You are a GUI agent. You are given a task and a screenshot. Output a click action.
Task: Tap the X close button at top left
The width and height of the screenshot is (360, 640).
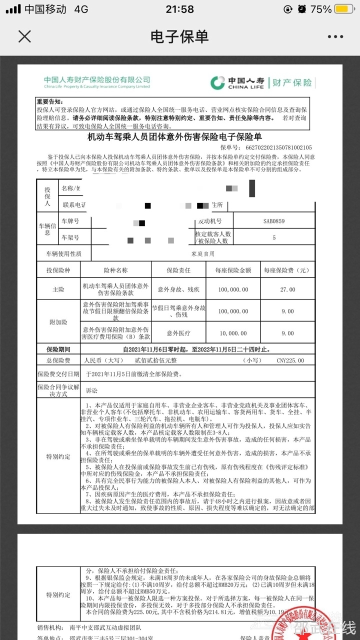(x=24, y=36)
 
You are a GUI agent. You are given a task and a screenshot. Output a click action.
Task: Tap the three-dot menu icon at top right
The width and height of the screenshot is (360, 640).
(x=335, y=36)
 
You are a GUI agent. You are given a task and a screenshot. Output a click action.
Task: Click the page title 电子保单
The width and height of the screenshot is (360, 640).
(x=179, y=36)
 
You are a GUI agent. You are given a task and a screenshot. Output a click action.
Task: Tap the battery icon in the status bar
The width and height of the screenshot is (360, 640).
(x=344, y=9)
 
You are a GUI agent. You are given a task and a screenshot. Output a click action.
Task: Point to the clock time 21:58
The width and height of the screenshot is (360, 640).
(x=179, y=9)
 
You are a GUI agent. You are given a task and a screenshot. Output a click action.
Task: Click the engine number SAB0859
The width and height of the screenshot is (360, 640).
(x=274, y=221)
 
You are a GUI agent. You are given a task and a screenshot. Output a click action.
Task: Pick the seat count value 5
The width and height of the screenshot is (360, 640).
(x=274, y=237)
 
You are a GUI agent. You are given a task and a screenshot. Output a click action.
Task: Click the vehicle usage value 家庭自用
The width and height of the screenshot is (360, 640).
(x=202, y=254)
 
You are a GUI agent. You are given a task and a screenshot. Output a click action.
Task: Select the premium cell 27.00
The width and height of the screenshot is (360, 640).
(x=288, y=289)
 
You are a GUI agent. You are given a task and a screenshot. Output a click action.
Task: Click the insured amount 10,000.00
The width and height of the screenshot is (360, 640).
(x=233, y=333)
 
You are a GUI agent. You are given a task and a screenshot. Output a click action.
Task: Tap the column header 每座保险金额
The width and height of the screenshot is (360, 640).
(x=233, y=270)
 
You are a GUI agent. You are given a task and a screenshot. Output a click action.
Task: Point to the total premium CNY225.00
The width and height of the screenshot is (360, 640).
(x=290, y=360)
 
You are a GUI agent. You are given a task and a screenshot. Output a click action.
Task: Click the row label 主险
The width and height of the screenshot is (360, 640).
(x=58, y=289)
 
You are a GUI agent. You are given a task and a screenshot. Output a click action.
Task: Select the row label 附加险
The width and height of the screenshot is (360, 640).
(x=58, y=322)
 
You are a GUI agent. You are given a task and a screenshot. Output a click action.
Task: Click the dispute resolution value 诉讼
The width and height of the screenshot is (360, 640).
(x=91, y=390)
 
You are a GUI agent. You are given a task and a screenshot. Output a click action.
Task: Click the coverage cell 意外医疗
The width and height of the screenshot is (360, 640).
(x=178, y=333)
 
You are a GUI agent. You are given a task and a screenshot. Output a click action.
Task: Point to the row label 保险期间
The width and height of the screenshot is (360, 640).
(x=58, y=349)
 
